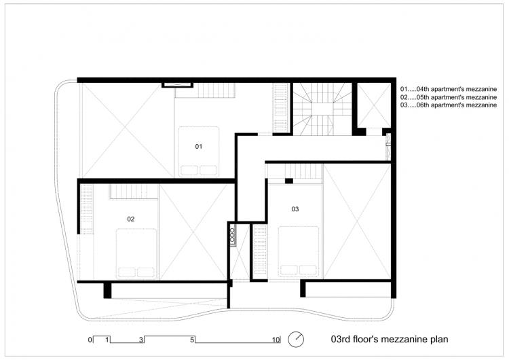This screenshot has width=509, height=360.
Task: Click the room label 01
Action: [199, 147]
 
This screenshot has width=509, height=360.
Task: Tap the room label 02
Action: [131, 219]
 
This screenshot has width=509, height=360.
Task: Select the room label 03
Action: [295, 209]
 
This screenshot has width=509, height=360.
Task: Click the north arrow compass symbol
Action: [296, 338]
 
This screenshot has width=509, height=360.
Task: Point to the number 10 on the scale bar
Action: [276, 338]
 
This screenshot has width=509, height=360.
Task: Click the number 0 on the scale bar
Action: [89, 338]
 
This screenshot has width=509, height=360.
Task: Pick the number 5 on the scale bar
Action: [193, 338]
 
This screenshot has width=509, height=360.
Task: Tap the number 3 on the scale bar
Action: [141, 338]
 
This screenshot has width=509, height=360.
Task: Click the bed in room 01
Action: [199, 151]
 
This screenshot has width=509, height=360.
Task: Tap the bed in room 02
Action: [136, 253]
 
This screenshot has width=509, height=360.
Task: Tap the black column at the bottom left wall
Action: [107, 290]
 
